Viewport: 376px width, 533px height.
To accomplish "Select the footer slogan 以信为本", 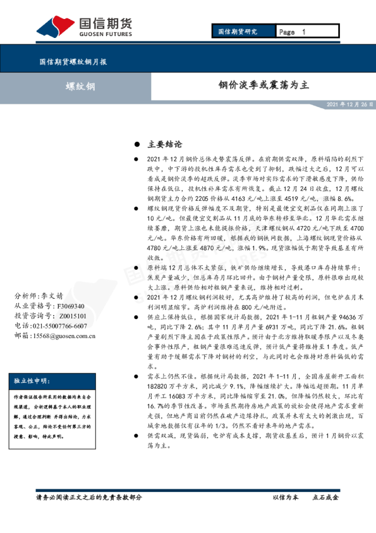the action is [285, 498].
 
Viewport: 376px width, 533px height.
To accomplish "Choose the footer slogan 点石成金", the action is [325, 498].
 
